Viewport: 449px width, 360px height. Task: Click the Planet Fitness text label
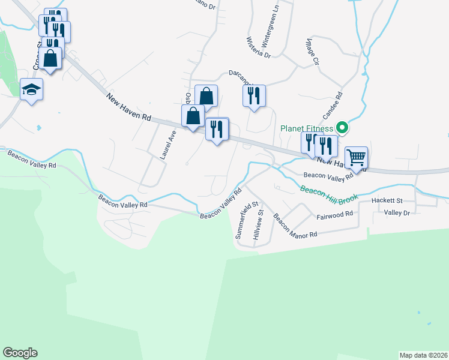click(307, 128)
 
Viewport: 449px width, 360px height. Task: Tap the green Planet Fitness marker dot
click(342, 127)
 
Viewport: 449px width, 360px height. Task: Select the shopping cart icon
click(357, 158)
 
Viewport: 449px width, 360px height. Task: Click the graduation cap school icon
click(31, 89)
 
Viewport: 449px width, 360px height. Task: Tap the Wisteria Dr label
click(259, 47)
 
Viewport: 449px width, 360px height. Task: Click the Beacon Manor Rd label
click(295, 227)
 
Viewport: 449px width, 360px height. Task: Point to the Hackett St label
click(387, 200)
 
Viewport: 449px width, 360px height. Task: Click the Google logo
click(20, 353)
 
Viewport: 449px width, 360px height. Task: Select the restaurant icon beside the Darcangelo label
click(254, 95)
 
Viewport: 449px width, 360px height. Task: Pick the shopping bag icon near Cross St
click(50, 58)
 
